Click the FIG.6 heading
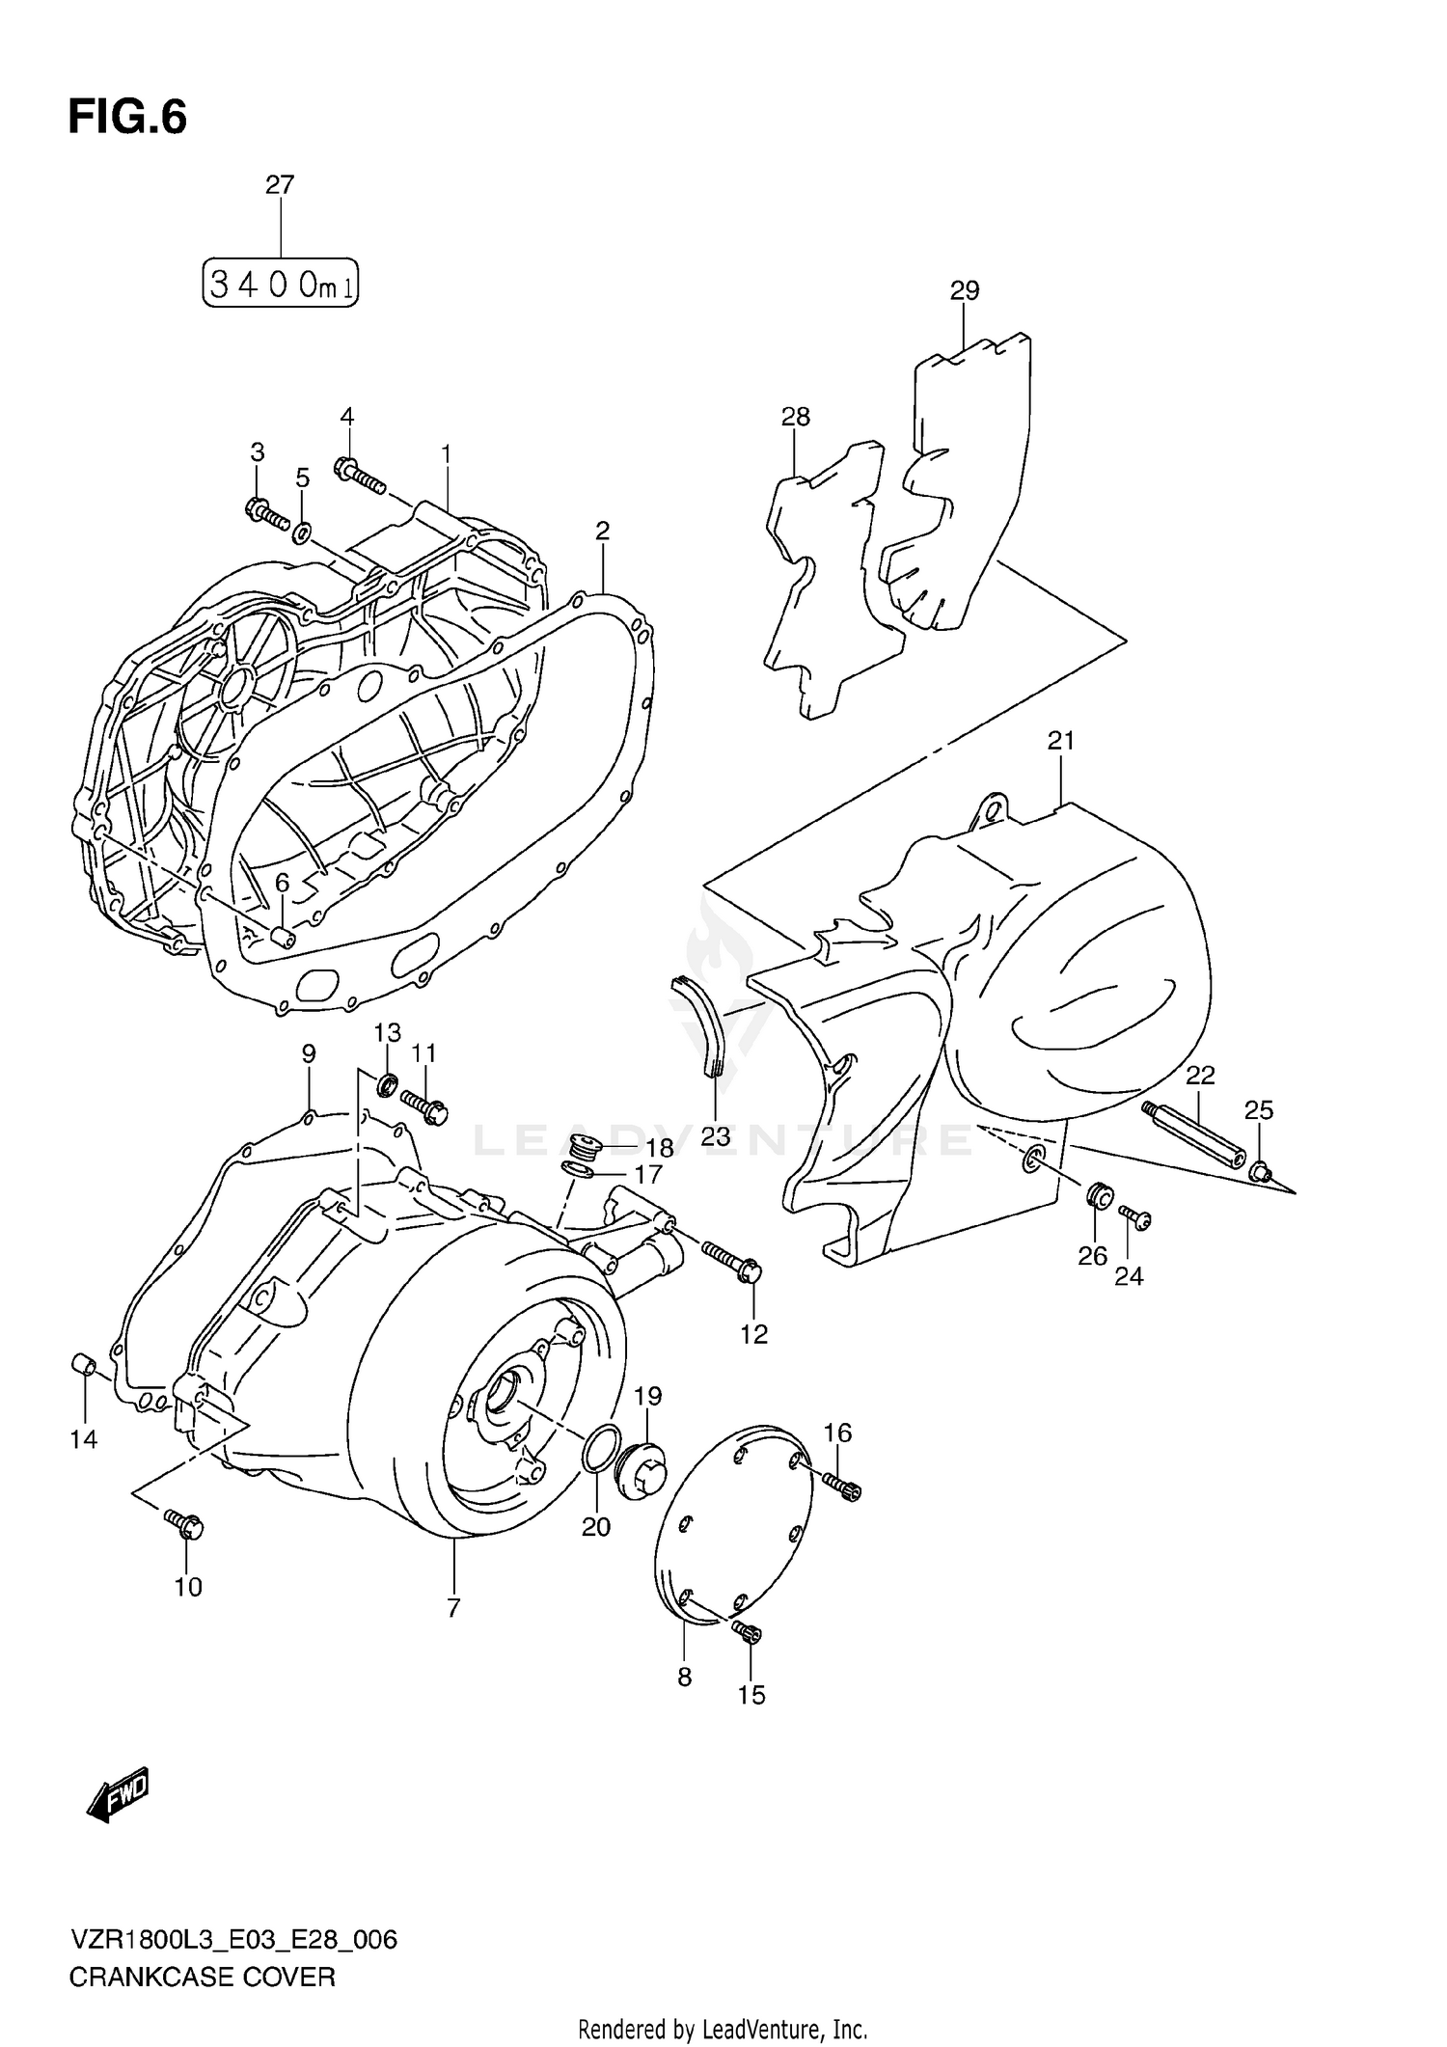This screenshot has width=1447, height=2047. [127, 118]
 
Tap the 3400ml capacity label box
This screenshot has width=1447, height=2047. [280, 284]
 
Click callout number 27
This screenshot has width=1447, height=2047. [280, 184]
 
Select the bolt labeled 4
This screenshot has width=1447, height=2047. [360, 474]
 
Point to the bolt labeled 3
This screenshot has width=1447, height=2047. [267, 514]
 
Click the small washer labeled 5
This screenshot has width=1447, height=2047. [302, 531]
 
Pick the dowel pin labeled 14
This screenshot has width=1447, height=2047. [83, 1365]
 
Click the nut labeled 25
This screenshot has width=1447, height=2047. [1260, 1173]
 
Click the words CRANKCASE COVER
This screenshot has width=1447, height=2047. [202, 1977]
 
